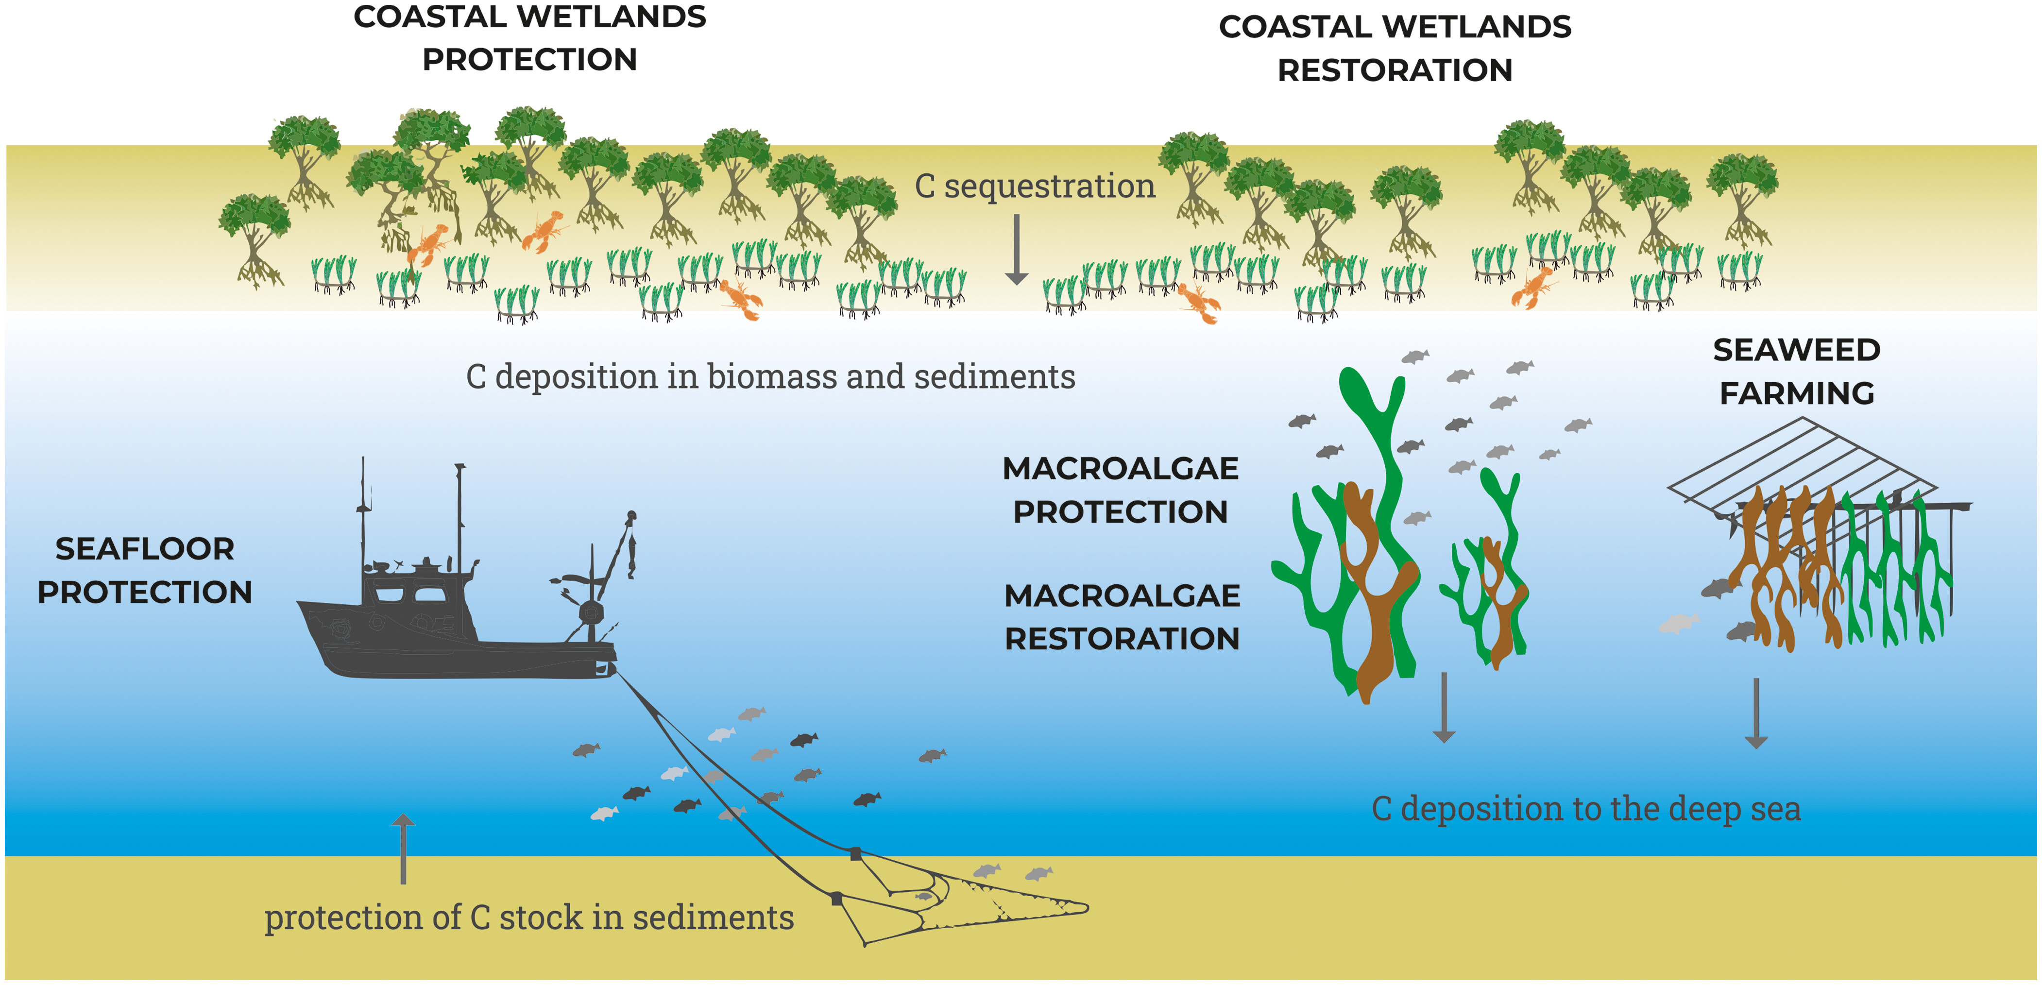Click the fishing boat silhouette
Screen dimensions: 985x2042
444,626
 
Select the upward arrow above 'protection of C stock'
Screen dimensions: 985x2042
404,848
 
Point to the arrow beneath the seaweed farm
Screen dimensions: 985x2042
1756,713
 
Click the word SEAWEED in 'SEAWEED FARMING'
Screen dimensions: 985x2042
1796,350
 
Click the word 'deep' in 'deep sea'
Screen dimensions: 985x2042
1704,810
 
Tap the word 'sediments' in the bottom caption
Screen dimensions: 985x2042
714,917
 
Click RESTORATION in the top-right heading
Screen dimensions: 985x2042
1395,70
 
